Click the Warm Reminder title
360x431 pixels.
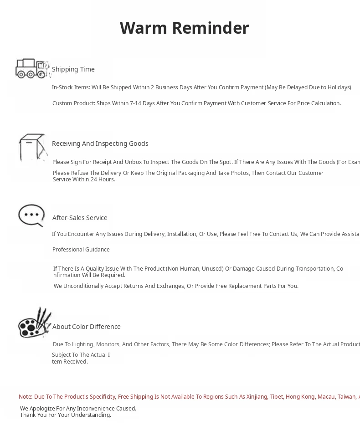[184, 28]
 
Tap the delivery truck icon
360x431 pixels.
[32, 69]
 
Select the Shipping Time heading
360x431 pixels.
[73, 69]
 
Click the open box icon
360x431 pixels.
[33, 148]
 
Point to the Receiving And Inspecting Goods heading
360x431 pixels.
[100, 144]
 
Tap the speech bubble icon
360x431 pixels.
[31, 215]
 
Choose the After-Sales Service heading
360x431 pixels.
[80, 218]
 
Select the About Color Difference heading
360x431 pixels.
[87, 327]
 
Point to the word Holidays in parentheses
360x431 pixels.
[337, 87]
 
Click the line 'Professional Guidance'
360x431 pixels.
[81, 250]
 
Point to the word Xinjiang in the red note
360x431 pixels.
[257, 397]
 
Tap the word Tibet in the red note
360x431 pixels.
[277, 397]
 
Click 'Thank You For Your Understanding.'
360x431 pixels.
[66, 415]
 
